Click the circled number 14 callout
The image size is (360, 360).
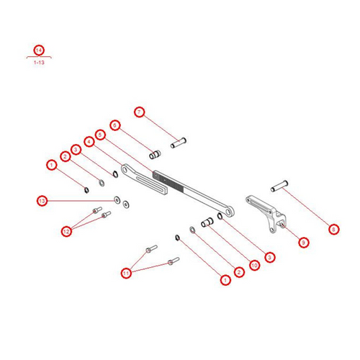click(39, 50)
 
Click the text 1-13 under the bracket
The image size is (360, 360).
click(39, 63)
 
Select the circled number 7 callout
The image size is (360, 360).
click(140, 112)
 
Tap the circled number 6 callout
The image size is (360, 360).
click(115, 125)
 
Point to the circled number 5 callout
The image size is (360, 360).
click(100, 135)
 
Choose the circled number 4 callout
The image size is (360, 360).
click(89, 142)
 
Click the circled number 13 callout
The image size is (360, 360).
click(42, 201)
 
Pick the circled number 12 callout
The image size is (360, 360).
click(66, 231)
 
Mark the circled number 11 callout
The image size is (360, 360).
click(126, 273)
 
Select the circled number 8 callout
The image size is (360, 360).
click(333, 229)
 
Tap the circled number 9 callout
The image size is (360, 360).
click(304, 243)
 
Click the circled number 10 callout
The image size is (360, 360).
click(254, 265)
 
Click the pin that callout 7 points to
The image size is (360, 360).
click(179, 143)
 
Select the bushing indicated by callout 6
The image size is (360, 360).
click(155, 155)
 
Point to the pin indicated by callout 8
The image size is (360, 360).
click(279, 186)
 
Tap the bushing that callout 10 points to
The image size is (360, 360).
click(207, 222)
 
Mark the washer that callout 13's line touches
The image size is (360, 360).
click(117, 200)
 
